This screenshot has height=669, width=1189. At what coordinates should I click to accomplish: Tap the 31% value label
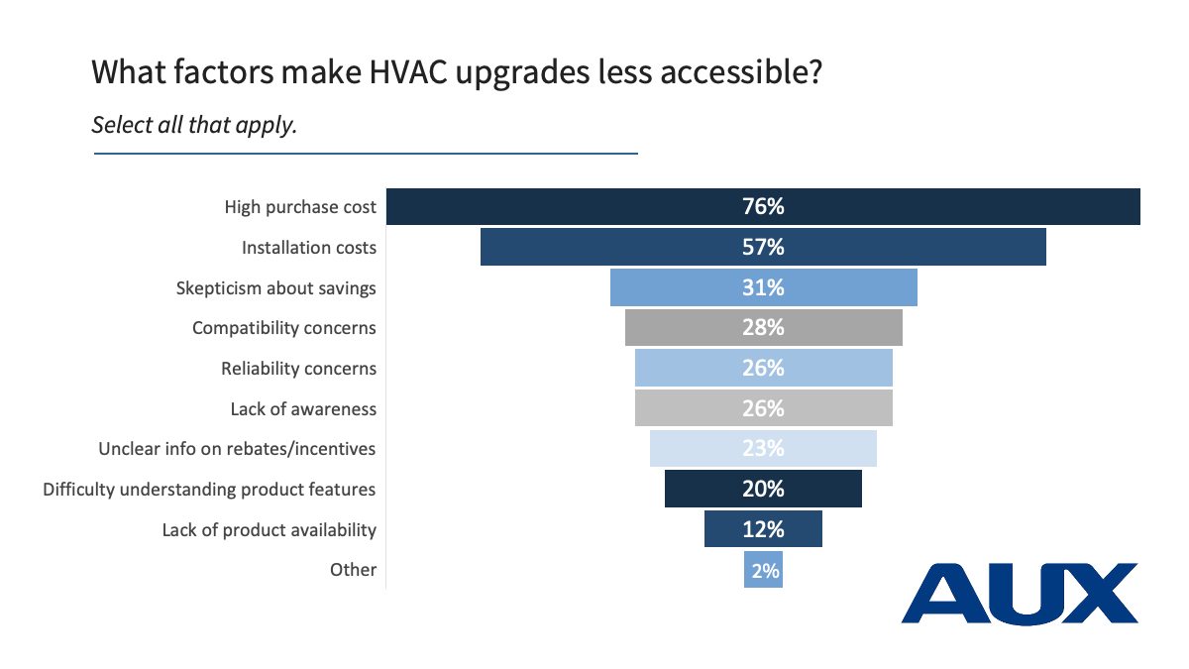(763, 287)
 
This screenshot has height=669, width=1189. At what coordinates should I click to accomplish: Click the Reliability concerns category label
(298, 369)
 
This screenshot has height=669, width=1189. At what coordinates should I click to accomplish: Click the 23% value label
(763, 448)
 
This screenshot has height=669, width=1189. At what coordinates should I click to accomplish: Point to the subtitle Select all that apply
(194, 126)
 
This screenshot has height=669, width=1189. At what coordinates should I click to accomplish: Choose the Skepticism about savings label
(275, 288)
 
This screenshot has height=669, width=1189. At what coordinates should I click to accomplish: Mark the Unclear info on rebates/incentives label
(237, 449)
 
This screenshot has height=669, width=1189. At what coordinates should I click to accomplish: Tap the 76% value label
(763, 207)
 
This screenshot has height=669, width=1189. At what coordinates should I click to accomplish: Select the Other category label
(354, 570)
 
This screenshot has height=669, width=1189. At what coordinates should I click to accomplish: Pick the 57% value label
(763, 247)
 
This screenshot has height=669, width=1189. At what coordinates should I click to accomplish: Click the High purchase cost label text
(300, 207)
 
